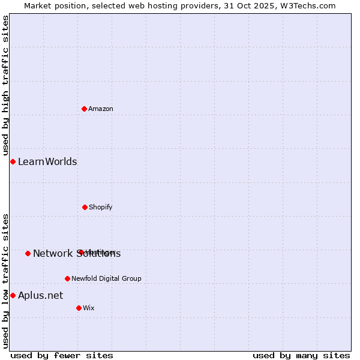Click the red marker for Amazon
(x=85, y=109)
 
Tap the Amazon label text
(x=101, y=109)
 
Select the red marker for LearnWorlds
(x=13, y=161)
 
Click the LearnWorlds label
(x=47, y=161)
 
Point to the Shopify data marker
(x=85, y=207)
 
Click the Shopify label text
(x=100, y=207)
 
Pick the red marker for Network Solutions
(x=28, y=253)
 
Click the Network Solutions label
(x=77, y=253)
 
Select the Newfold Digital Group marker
(x=67, y=278)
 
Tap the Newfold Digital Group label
(x=106, y=278)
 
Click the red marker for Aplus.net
(x=13, y=295)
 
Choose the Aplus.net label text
(x=40, y=295)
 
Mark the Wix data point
(x=79, y=308)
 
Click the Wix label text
(x=89, y=308)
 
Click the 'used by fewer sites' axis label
(x=62, y=355)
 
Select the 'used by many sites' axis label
(x=301, y=355)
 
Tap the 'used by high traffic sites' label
(x=5, y=86)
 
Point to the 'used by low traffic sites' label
(x=5, y=281)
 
